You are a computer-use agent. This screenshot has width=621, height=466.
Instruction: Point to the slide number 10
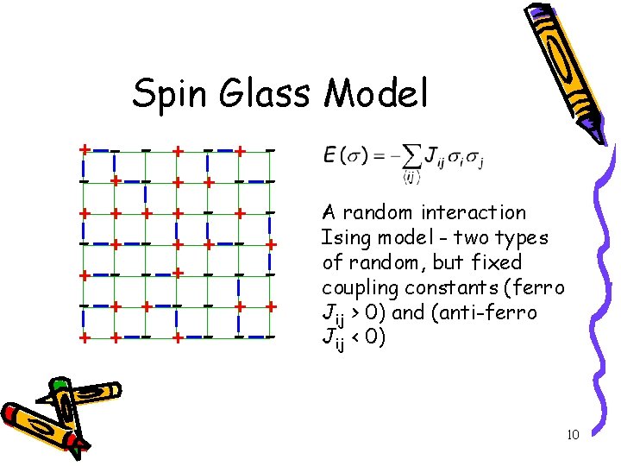point(573,435)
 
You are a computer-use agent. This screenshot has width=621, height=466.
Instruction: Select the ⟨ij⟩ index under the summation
point(411,178)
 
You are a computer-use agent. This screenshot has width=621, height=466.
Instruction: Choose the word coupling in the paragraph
point(356,287)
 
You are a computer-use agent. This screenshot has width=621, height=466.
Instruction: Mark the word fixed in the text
point(494,261)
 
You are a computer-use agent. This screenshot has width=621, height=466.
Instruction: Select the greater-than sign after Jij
point(354,312)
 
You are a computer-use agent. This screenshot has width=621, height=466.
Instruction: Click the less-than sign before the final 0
point(354,337)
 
